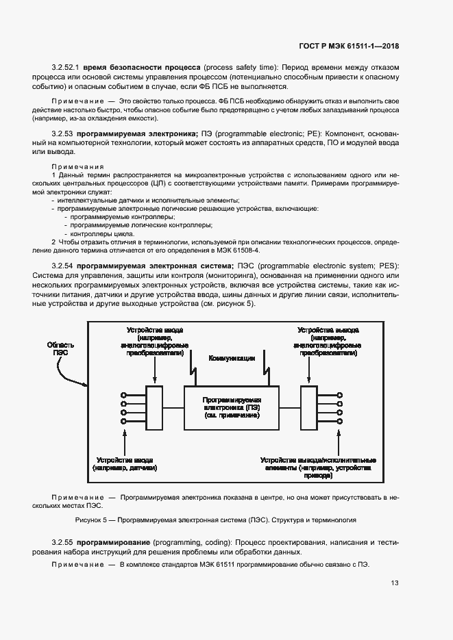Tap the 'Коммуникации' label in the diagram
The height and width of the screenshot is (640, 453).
pos(232,358)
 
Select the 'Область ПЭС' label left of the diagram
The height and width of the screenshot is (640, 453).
pos(60,350)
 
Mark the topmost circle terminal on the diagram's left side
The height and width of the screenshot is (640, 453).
pos(123,395)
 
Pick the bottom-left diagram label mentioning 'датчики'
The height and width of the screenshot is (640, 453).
pos(126,464)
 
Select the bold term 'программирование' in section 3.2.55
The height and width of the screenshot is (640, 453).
pos(114,541)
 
